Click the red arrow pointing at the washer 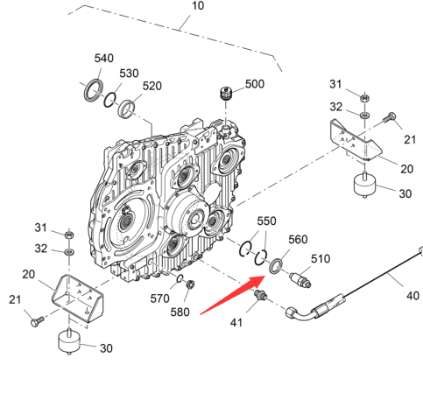click(233, 295)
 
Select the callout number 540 click(104, 58)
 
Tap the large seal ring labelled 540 click(94, 90)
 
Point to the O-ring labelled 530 click(109, 100)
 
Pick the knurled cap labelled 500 click(226, 94)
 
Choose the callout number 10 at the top click(198, 5)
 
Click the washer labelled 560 click(276, 266)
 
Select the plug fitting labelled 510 click(300, 279)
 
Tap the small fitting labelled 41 click(260, 295)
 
